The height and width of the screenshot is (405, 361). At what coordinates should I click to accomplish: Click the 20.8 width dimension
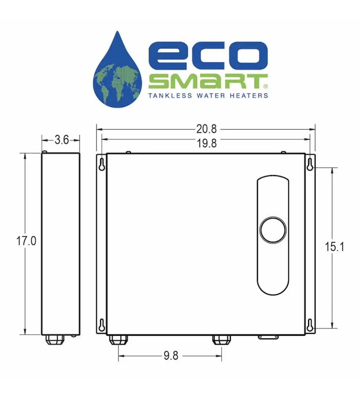point(206,129)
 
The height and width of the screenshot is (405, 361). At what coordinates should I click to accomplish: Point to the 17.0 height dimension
point(26,241)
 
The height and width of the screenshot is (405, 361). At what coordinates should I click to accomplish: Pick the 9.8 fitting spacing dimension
point(170,356)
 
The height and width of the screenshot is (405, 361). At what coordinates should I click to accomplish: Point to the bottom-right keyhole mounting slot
point(310,325)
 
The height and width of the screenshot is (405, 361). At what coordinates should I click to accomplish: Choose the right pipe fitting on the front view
point(222,339)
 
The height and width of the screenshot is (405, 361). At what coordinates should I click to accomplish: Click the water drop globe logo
point(117,71)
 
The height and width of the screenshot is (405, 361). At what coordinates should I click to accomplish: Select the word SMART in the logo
point(207,82)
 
